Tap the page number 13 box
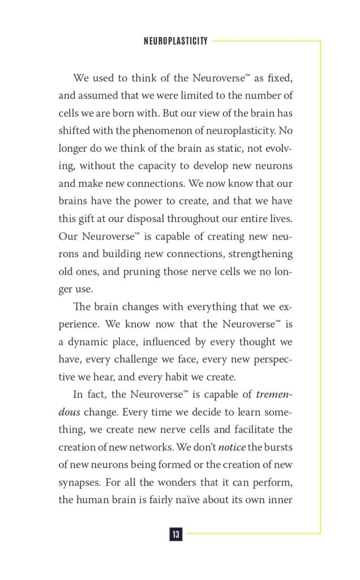coord(175,534)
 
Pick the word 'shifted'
coord(74,131)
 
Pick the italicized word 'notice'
coord(232,447)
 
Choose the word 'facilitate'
coord(247,429)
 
